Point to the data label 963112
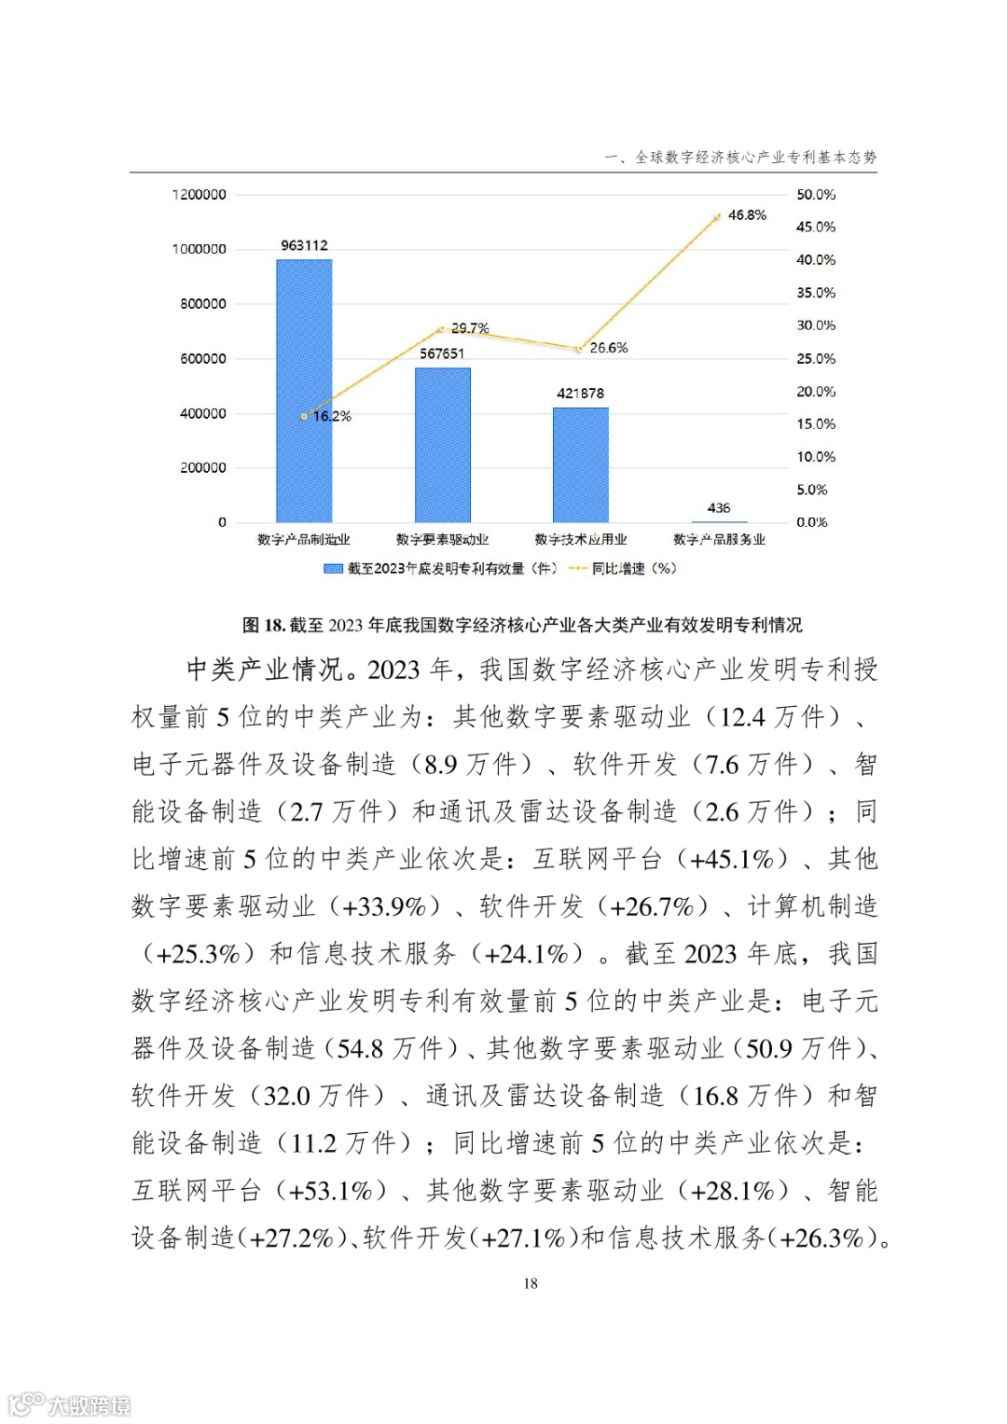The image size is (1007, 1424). click(304, 245)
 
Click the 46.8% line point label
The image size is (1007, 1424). click(747, 215)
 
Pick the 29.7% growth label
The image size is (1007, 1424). click(470, 328)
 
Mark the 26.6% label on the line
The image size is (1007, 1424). click(609, 348)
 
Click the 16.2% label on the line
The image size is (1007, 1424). click(332, 416)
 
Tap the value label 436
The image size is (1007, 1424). click(719, 508)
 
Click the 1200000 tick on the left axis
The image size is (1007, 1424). click(199, 195)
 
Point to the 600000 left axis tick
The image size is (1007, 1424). click(202, 359)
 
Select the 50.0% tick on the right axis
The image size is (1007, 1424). click(816, 195)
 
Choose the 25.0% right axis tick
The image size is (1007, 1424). click(816, 359)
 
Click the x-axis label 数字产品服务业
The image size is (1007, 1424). click(719, 540)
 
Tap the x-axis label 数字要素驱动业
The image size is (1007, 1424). click(442, 540)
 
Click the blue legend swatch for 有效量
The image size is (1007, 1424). click(333, 569)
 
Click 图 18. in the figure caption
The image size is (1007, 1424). click(264, 625)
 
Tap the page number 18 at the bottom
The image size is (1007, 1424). click(531, 1284)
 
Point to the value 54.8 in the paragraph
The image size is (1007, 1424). click(360, 1049)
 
